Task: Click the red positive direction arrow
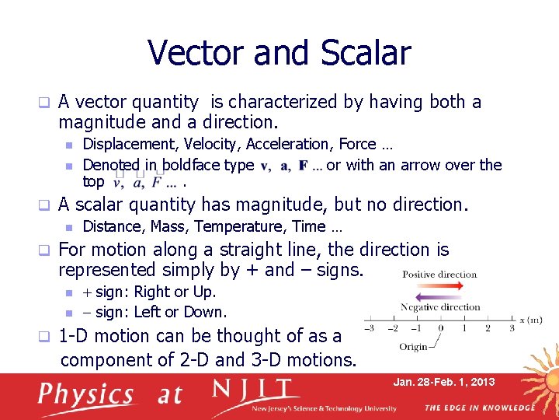[x=439, y=286]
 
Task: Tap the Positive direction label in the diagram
[x=439, y=275]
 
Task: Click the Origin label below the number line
[x=412, y=346]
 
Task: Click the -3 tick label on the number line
[x=370, y=329]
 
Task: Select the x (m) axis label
[x=531, y=320]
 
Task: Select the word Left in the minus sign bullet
[x=147, y=313]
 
